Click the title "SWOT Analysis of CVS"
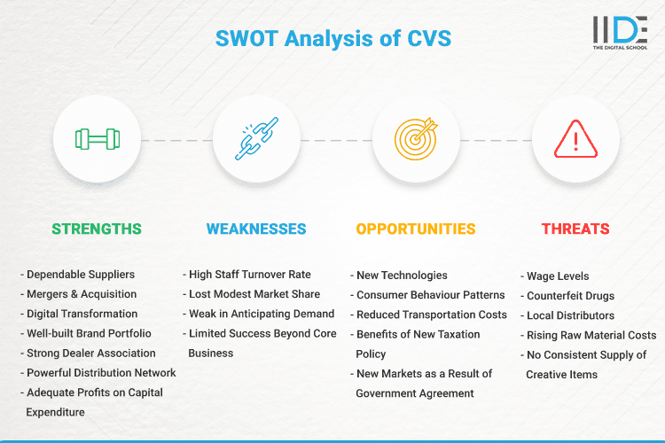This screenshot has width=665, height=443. click(x=332, y=38)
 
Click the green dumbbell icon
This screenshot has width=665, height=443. click(x=97, y=139)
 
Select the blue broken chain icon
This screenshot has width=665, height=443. click(x=256, y=139)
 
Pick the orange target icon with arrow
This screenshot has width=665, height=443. click(x=416, y=139)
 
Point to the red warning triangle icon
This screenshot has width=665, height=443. click(x=575, y=139)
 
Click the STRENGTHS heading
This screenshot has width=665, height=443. click(x=97, y=229)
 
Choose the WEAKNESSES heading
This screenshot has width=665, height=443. click(x=256, y=229)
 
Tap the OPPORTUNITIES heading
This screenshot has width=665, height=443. click(x=416, y=229)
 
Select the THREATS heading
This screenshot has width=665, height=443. click(x=575, y=229)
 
